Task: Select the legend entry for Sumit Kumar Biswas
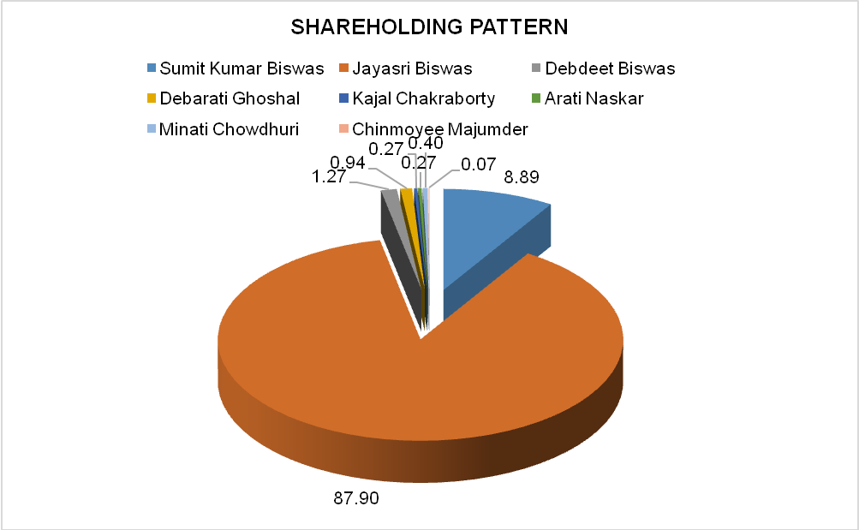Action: (236, 68)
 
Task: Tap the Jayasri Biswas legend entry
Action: (405, 68)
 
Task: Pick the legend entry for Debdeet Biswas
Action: (603, 68)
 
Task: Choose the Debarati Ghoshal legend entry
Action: (224, 98)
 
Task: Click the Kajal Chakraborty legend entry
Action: (417, 98)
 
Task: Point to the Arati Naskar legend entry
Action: (588, 98)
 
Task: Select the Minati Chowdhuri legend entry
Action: (223, 129)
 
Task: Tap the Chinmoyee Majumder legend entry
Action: (433, 129)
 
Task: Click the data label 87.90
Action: (356, 498)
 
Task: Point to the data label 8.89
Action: (522, 177)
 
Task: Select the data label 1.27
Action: (329, 177)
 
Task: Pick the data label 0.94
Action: (348, 163)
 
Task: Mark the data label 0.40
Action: (426, 144)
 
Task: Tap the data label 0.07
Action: (478, 164)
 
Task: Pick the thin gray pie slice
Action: (399, 241)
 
